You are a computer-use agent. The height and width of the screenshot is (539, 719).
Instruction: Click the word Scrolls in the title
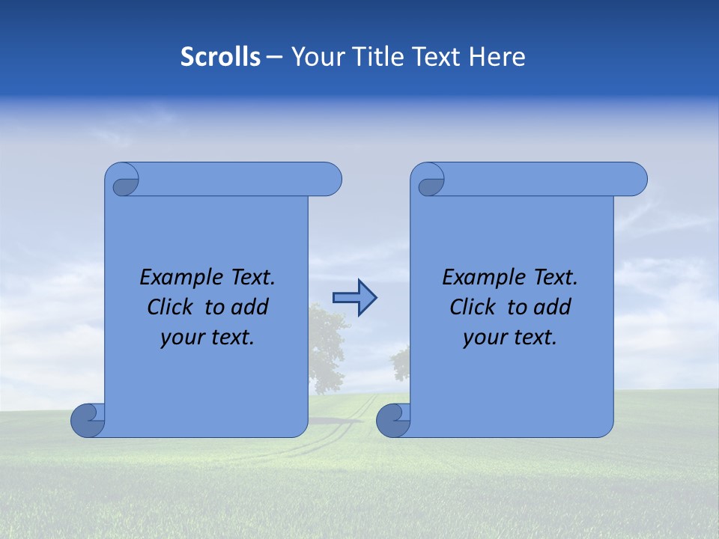tap(220, 57)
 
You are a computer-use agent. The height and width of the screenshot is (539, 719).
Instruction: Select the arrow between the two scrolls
tap(354, 298)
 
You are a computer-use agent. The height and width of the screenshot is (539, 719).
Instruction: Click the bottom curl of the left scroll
tap(87, 421)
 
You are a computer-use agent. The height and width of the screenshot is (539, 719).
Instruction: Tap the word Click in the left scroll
tap(171, 307)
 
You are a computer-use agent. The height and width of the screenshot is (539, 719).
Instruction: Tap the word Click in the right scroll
tap(473, 307)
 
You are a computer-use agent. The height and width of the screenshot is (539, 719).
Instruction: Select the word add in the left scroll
tap(250, 307)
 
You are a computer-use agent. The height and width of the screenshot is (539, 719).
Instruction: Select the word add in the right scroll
tap(553, 307)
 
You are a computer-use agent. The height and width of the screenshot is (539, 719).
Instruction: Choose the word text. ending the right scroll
tap(533, 338)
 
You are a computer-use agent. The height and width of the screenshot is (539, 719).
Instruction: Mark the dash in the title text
tap(275, 57)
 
